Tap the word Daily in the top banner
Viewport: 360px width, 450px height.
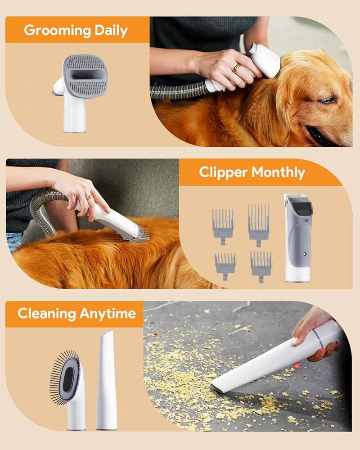tap(111, 31)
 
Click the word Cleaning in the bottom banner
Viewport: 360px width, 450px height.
tap(47, 314)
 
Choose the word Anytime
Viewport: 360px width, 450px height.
tap(108, 314)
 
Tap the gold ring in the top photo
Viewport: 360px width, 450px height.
tap(236, 68)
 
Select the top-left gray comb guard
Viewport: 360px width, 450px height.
tap(223, 224)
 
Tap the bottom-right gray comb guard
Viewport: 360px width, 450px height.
tap(261, 265)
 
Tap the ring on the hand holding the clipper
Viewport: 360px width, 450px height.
tap(90, 197)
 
